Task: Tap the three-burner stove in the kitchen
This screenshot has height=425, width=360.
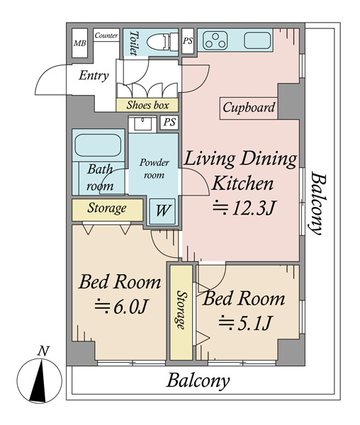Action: tap(215, 40)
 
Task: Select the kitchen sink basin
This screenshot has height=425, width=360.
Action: tap(257, 40)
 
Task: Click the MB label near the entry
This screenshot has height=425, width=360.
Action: tap(79, 43)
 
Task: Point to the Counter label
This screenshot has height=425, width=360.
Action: tap(106, 35)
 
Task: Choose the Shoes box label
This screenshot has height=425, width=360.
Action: tap(147, 105)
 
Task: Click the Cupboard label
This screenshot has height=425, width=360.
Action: tap(249, 108)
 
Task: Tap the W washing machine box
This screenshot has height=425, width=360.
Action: tap(163, 211)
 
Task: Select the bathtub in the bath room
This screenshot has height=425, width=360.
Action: tap(98, 145)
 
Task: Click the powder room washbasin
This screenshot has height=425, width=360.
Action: tap(142, 125)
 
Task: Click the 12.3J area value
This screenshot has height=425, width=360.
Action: tap(244, 208)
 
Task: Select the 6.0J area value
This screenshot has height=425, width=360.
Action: tap(121, 307)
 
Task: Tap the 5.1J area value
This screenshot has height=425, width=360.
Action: tap(244, 323)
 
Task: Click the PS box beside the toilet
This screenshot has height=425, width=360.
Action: tap(188, 41)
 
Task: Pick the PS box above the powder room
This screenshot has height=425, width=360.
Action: tap(169, 123)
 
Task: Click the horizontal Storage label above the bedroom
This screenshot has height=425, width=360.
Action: tap(107, 208)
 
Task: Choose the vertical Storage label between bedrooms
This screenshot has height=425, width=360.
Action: tap(181, 310)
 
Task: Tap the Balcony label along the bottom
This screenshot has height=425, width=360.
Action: tap(198, 382)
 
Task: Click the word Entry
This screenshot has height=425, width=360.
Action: tap(94, 75)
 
